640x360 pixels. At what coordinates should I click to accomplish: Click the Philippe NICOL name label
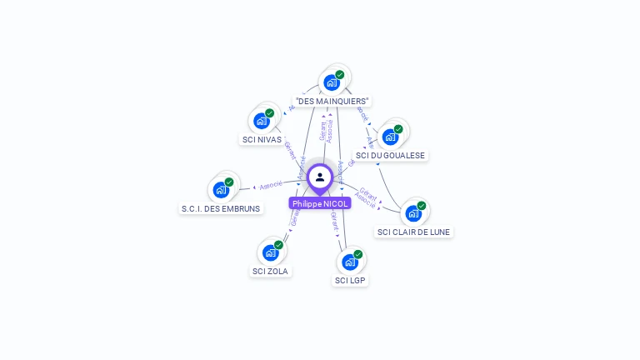pyautogui.click(x=320, y=203)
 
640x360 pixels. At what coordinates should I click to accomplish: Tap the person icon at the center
pyautogui.click(x=320, y=177)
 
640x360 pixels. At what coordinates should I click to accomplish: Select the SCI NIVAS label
pyautogui.click(x=262, y=139)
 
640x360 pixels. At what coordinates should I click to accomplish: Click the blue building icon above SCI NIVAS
pyautogui.click(x=262, y=120)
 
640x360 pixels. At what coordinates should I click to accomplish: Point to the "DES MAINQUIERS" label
pyautogui.click(x=332, y=101)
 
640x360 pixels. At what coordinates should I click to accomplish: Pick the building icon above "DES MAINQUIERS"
pyautogui.click(x=332, y=82)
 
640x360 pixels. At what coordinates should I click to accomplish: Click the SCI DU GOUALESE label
pyautogui.click(x=390, y=155)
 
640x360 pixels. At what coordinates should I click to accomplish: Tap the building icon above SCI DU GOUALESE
pyautogui.click(x=390, y=137)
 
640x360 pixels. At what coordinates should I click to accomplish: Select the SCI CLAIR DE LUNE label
pyautogui.click(x=413, y=232)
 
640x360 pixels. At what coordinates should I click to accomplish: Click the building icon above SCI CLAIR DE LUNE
pyautogui.click(x=413, y=213)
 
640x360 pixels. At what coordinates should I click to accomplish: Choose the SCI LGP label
pyautogui.click(x=350, y=280)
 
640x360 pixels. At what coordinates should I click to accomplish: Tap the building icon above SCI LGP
pyautogui.click(x=350, y=262)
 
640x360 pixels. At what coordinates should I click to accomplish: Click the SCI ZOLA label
pyautogui.click(x=271, y=271)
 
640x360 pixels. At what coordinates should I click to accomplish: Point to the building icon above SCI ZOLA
pyautogui.click(x=271, y=252)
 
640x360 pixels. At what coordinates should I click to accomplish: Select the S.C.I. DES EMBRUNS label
pyautogui.click(x=221, y=208)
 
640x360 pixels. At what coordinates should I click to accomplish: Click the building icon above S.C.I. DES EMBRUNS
pyautogui.click(x=221, y=189)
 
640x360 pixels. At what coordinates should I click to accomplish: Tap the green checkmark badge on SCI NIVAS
pyautogui.click(x=270, y=112)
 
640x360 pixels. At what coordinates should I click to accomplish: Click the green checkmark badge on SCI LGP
pyautogui.click(x=358, y=254)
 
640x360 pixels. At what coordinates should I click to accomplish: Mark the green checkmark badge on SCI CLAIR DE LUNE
pyautogui.click(x=422, y=206)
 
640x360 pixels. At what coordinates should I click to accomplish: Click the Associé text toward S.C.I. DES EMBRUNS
pyautogui.click(x=271, y=185)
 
